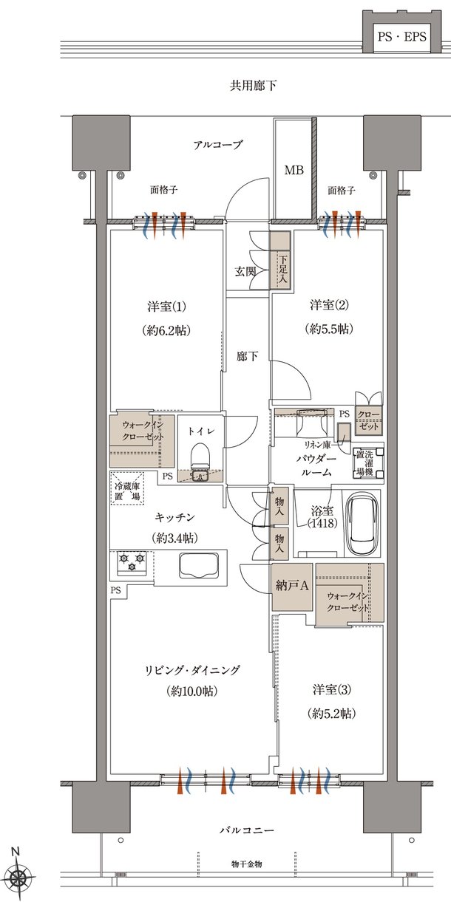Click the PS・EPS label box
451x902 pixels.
point(401,37)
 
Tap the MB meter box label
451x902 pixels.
point(294,171)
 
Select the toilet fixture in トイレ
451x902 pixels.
point(200,459)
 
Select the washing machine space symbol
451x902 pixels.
point(367,462)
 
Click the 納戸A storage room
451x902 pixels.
point(292,587)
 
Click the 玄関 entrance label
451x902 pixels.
point(245,271)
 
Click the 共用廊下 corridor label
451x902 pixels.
point(254,86)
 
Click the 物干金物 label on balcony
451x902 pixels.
point(247,864)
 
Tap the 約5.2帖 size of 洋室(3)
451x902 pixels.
point(332,714)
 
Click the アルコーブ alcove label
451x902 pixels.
point(217,145)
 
